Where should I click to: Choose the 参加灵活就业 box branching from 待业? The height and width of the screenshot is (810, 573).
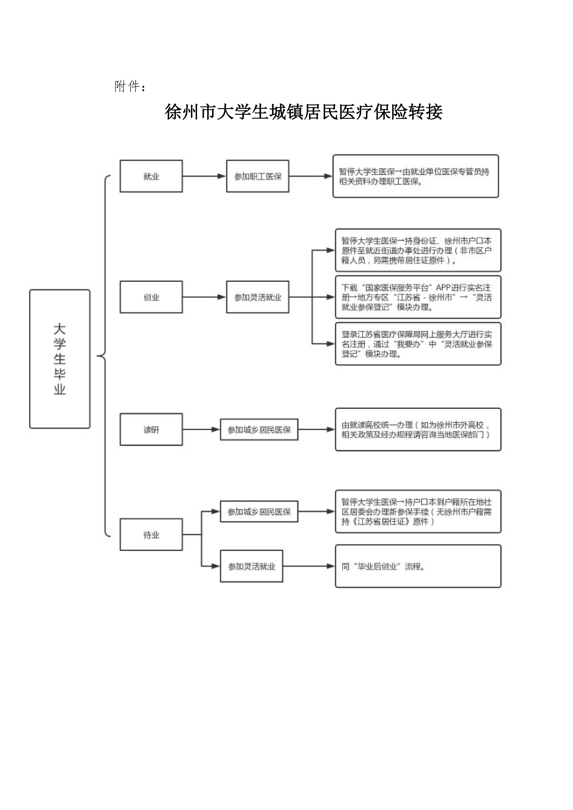point(252,566)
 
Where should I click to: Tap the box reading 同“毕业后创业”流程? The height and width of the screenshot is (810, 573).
point(418,566)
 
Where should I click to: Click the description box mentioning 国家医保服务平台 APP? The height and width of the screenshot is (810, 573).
point(418,297)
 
